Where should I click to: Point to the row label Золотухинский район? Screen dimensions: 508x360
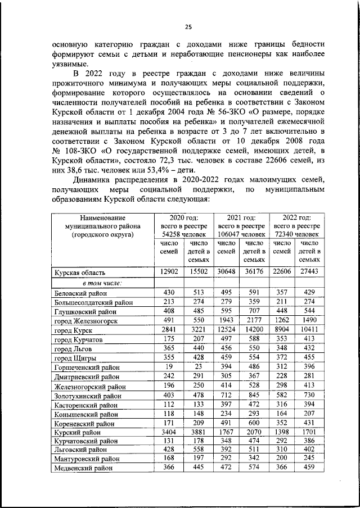click(x=85, y=395)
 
